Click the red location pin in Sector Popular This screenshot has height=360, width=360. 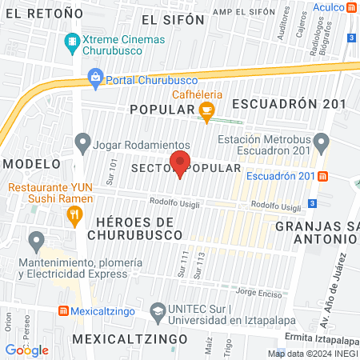(x=182, y=162)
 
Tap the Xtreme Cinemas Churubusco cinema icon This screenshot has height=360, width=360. (x=73, y=41)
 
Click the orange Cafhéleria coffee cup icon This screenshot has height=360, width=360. (x=206, y=112)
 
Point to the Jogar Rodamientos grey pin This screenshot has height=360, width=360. (x=82, y=144)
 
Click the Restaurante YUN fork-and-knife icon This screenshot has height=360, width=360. (x=74, y=214)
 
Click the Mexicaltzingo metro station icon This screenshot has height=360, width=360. (x=63, y=310)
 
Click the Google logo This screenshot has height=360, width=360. (x=27, y=350)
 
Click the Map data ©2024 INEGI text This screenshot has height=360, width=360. (x=312, y=354)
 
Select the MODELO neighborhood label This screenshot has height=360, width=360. (x=31, y=162)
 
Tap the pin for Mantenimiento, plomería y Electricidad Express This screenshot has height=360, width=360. (x=36, y=241)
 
